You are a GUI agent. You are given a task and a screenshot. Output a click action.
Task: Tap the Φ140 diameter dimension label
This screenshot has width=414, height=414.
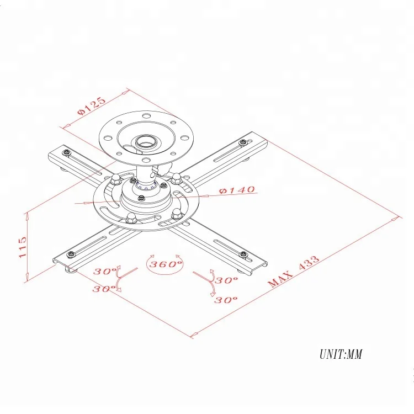237,190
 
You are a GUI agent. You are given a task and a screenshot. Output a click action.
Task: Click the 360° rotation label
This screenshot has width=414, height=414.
164,264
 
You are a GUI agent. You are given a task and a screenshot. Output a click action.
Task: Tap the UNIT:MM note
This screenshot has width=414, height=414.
340,354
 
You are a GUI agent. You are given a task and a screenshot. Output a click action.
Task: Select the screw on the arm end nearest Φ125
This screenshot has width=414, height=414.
66,152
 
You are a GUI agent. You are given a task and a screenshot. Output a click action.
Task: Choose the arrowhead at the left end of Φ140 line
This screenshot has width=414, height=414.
83,203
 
